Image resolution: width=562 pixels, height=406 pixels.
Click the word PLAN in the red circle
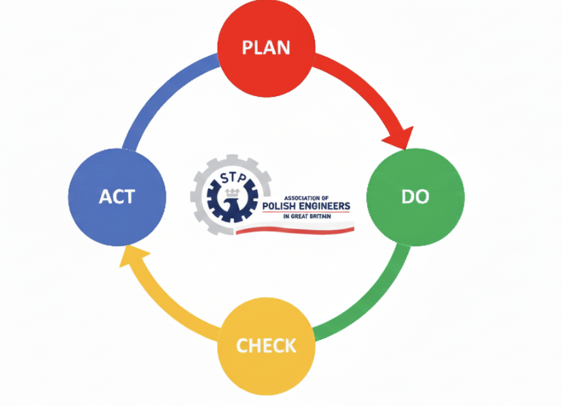point(266,48)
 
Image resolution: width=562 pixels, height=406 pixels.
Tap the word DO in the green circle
point(415,197)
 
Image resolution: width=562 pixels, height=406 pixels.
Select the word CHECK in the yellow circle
point(266,345)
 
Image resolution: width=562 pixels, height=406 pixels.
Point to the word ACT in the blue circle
point(117,197)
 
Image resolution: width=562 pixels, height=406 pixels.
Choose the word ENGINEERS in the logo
point(328,206)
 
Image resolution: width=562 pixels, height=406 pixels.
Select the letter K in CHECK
point(291,345)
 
